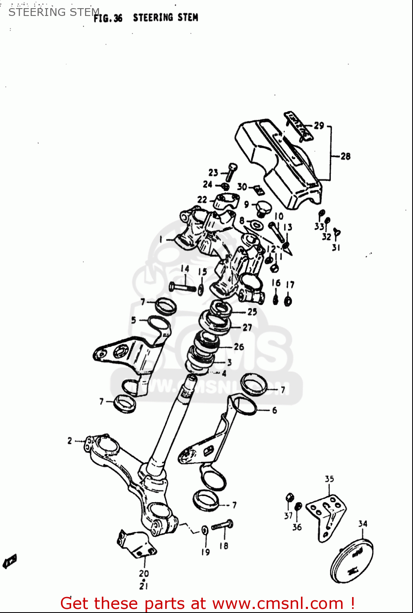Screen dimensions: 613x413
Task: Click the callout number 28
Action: [346, 156]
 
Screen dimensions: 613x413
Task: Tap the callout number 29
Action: [319, 125]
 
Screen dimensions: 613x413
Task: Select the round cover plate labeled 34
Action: [351, 560]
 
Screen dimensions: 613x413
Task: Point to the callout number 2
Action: [70, 441]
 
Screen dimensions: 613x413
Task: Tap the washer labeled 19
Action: [204, 530]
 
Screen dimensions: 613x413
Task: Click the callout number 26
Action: [239, 347]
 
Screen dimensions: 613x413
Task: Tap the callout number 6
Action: [274, 410]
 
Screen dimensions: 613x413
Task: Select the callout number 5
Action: [133, 320]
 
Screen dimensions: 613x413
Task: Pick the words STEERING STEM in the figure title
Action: [165, 18]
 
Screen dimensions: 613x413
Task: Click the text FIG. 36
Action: [108, 18]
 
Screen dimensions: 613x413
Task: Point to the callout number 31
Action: [336, 247]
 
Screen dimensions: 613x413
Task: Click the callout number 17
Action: [290, 284]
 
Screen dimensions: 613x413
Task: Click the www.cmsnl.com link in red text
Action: [278, 603]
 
